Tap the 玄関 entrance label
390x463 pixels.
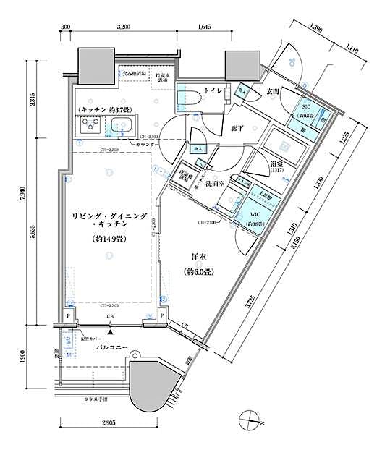click(x=274, y=91)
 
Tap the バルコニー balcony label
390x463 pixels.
click(x=112, y=349)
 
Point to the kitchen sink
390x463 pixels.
click(x=121, y=125)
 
